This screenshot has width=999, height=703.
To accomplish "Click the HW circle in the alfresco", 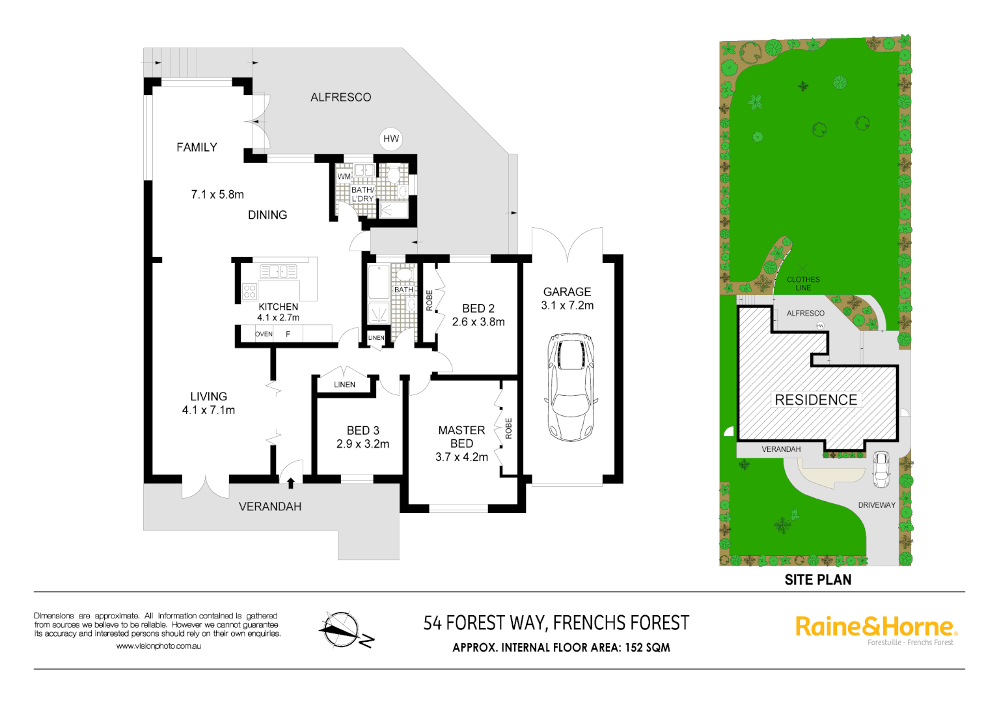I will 390,139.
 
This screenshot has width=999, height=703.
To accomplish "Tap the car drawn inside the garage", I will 570,388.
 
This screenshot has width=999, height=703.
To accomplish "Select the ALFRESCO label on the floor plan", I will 340,97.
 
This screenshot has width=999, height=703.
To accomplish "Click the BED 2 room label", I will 478,309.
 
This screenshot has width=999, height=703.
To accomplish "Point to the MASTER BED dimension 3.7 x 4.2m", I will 461,457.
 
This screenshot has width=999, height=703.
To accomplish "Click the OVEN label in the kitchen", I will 264,334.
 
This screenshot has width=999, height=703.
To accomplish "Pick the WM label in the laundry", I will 344,176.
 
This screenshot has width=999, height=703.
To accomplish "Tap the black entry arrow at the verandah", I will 290,483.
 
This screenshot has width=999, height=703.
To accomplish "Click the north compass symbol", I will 343,630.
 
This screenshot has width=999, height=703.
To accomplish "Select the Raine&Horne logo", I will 875,627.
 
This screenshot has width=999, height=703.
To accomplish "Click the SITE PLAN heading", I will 817,579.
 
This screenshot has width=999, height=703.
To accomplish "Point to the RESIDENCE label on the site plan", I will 815,400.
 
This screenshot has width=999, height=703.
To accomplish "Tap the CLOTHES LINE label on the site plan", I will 803,284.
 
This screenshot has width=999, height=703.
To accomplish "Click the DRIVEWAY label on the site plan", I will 876,505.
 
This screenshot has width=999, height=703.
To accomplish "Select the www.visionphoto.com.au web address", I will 158,646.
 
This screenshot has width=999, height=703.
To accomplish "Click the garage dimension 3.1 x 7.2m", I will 567,305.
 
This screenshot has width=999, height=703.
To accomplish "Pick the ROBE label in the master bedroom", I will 509,428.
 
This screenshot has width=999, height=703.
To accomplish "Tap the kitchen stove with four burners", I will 249,291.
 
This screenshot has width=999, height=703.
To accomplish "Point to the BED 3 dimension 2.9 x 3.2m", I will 363,444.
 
